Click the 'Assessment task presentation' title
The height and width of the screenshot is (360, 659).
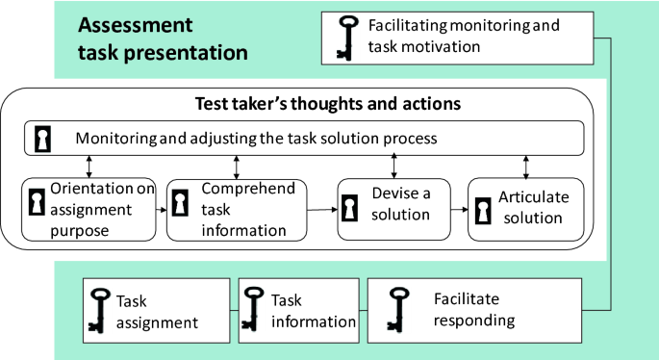(164, 39)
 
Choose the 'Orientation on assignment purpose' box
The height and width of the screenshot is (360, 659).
(89, 207)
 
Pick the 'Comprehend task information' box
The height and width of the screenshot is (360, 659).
(235, 207)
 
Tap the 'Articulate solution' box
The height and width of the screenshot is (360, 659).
(525, 207)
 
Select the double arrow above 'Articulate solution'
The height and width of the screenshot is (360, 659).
(525, 167)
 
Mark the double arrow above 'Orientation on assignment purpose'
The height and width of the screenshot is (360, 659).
(89, 167)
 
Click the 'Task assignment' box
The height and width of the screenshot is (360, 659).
(153, 309)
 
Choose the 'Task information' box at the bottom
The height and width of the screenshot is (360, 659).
(298, 309)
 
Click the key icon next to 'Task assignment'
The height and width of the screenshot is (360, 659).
(97, 309)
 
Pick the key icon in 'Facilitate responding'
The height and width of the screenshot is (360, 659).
(395, 309)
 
